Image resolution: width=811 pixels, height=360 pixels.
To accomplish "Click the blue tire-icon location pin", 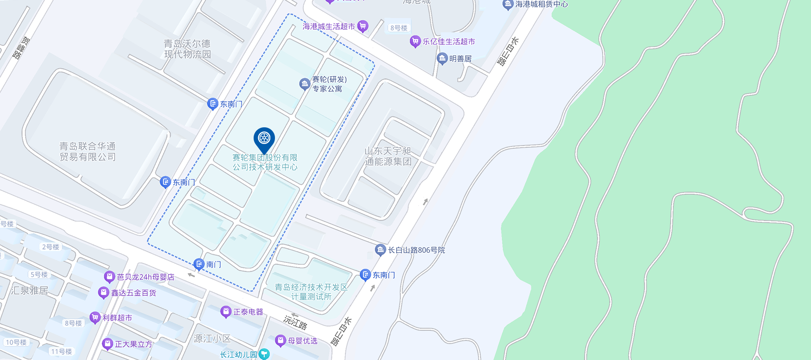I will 264,138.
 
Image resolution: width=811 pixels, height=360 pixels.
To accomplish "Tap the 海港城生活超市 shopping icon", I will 363,26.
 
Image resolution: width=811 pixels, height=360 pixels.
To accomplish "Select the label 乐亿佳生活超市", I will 449,42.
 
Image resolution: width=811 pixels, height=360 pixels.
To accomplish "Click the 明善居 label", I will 460,59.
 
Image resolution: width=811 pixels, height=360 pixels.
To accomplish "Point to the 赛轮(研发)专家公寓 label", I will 329,84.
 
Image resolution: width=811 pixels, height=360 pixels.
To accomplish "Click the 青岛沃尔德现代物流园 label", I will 187,49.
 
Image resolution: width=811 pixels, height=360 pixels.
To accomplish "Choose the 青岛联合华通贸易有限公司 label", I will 87,152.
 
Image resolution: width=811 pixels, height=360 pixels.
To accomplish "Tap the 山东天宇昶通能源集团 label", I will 388,157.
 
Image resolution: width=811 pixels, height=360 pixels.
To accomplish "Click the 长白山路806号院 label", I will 416,250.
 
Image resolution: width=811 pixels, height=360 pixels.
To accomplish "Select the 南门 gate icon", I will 199,264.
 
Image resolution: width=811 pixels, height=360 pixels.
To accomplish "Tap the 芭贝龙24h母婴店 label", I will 145,277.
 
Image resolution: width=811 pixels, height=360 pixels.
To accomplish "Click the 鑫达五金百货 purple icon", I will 104,293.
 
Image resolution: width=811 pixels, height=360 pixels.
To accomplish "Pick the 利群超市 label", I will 117,318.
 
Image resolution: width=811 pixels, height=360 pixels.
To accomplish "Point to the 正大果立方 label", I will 133,344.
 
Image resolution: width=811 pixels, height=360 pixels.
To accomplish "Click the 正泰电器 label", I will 248,312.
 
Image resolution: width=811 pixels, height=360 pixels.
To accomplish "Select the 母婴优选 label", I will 302,341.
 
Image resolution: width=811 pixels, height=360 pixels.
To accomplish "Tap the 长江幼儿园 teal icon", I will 264,354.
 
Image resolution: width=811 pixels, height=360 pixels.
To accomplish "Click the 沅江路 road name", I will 295,321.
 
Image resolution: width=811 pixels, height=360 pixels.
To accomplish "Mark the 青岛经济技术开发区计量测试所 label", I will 311,292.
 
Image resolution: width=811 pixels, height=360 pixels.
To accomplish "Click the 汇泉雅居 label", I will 29,291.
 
